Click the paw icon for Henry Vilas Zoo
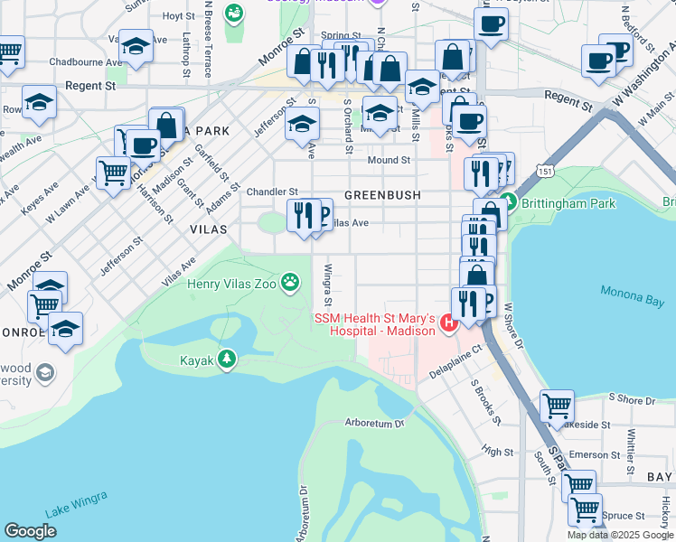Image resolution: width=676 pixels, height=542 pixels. pos(290,283)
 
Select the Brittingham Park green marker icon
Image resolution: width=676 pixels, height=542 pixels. pos(508,203)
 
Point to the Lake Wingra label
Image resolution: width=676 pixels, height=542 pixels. pos(76,503)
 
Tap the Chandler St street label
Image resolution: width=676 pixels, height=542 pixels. pos(272,192)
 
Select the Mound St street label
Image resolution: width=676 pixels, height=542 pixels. pos(389,160)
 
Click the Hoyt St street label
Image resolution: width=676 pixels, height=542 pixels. pos(178,16)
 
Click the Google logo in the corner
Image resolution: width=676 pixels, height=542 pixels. pos(30,530)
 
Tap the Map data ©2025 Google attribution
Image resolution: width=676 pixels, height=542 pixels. pos(620,535)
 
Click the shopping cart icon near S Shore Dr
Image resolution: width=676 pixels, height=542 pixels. pos(557,406)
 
